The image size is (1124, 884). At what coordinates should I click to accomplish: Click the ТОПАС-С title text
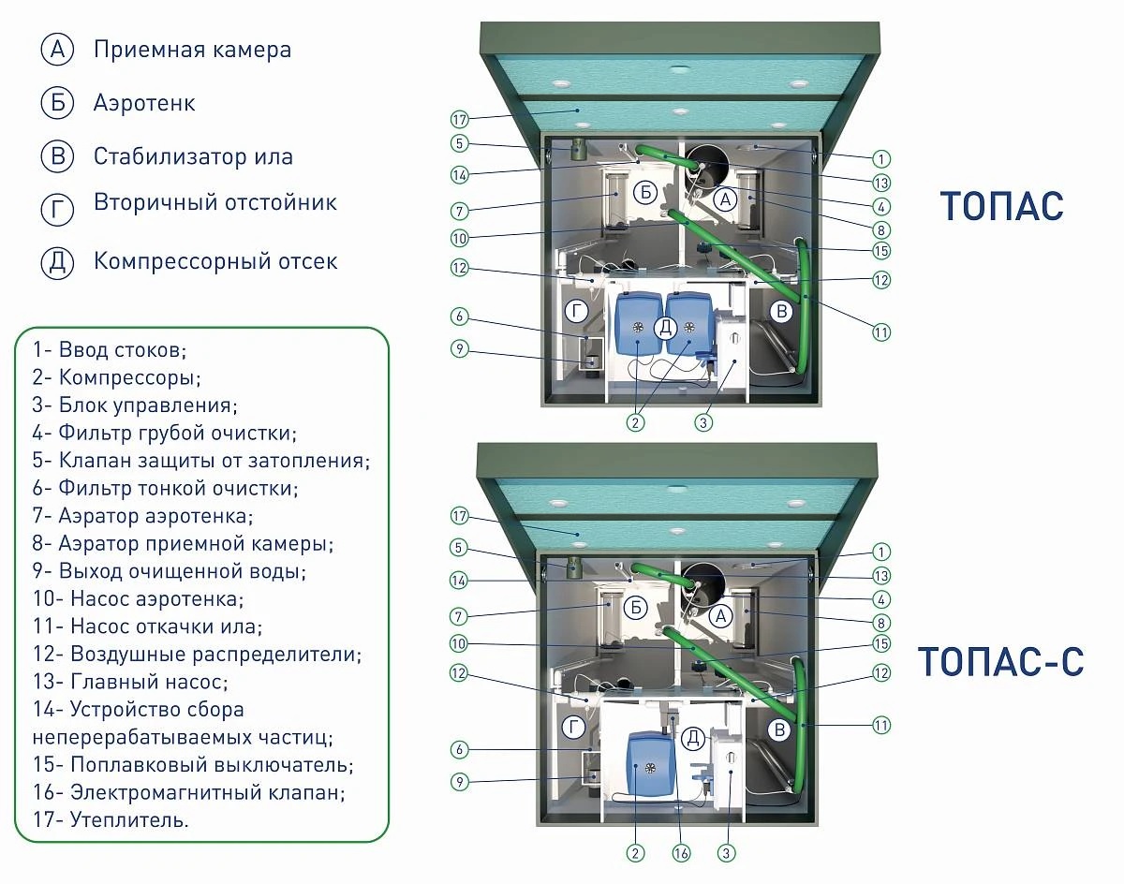(x=1000, y=661)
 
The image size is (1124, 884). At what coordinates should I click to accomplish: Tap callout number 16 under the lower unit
(x=681, y=853)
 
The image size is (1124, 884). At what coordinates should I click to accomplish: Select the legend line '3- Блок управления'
(x=135, y=405)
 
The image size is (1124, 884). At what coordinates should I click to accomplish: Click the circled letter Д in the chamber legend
(x=57, y=262)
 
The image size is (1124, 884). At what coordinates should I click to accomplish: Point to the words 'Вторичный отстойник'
(x=215, y=202)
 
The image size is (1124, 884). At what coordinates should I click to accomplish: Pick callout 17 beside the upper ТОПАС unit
(x=460, y=120)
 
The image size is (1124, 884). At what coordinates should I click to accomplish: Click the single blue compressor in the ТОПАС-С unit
(x=646, y=763)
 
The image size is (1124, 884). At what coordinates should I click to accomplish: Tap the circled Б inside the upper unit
(x=645, y=192)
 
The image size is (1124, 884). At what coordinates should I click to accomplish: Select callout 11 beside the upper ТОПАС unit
(x=881, y=332)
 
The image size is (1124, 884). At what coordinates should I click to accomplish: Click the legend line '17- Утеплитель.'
(x=111, y=819)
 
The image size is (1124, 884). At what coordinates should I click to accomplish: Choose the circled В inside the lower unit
(x=780, y=730)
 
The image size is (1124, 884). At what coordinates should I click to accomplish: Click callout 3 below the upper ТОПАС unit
(x=703, y=422)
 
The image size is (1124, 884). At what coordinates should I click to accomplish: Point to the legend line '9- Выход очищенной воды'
(x=170, y=571)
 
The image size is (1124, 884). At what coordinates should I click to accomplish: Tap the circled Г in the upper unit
(x=577, y=312)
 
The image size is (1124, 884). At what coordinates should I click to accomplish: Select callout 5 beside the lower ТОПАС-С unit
(x=459, y=548)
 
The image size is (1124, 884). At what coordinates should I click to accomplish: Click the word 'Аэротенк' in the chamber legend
(x=144, y=103)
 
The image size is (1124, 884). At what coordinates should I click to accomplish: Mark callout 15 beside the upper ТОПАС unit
(x=881, y=251)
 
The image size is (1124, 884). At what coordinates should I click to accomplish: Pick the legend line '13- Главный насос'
(x=130, y=682)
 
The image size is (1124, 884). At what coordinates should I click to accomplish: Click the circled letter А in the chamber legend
(x=57, y=50)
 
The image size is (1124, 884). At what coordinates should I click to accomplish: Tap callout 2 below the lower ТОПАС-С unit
(x=635, y=853)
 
